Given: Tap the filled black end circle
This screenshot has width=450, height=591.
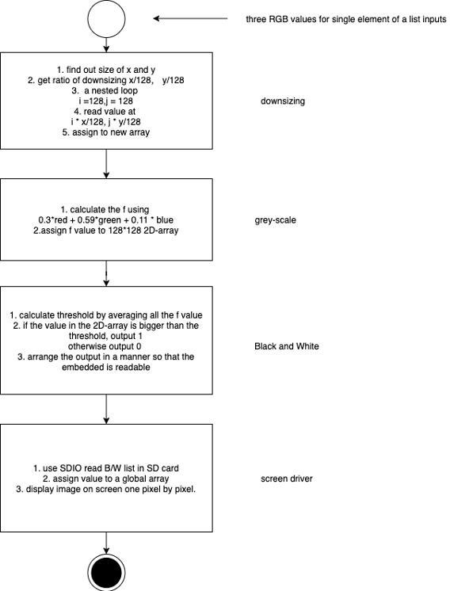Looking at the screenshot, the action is [106, 573].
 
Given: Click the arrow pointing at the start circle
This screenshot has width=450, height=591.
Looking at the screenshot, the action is [190, 18].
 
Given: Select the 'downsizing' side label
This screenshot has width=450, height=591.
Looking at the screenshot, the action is [283, 101].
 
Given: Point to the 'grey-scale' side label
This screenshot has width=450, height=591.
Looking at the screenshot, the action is [275, 220].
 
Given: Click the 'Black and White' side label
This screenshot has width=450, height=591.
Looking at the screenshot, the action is [287, 346].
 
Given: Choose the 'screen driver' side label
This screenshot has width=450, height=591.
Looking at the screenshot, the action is [287, 479].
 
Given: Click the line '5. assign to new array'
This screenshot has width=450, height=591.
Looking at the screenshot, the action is [106, 132].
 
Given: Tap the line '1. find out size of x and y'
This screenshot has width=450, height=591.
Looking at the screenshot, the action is [106, 70].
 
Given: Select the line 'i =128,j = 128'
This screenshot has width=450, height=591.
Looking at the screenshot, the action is [106, 101].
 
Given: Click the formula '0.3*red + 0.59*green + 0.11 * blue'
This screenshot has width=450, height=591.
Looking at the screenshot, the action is [106, 219].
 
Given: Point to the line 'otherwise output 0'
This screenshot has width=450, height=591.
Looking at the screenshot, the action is [105, 346].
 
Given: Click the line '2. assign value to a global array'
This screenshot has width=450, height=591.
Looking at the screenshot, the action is [106, 479].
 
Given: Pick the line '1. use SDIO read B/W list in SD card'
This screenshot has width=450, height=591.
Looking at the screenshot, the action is [106, 468].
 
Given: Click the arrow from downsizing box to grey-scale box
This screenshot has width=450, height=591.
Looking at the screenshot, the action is [106, 164].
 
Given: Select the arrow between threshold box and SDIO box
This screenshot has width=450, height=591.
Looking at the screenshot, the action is [106, 410].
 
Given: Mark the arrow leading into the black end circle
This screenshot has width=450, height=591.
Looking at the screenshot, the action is [106, 543].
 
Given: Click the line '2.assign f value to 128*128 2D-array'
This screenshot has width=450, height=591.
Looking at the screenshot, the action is [106, 231].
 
